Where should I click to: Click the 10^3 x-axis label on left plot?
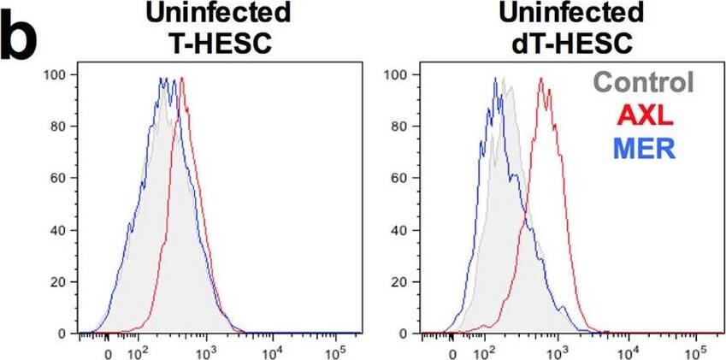tap(204, 351)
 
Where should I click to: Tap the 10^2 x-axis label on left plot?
tap(137, 351)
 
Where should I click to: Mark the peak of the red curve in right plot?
tap(541, 79)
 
